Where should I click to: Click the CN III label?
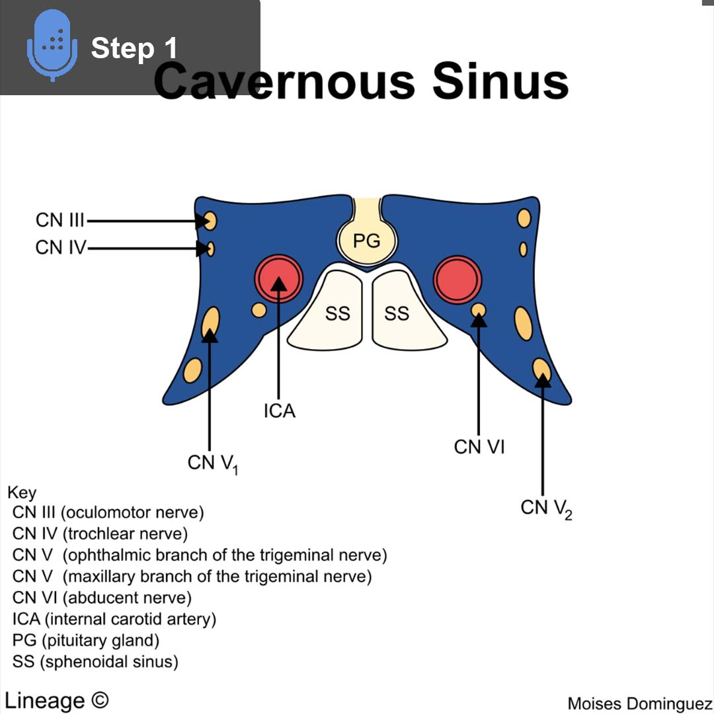coord(59,220)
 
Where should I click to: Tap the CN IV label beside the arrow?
coord(60,248)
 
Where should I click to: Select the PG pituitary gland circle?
coord(367,241)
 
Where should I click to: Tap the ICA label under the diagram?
coord(279,411)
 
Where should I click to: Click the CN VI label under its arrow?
coord(479,447)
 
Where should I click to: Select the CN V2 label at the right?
coord(545,508)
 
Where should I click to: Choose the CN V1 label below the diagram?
coord(212,463)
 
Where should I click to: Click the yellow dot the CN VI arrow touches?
coord(479,309)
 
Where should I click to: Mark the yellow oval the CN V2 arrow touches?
coord(541,370)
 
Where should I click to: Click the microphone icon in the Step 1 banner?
coord(48,44)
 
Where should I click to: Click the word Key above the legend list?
coord(22,493)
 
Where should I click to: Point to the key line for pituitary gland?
coord(86,640)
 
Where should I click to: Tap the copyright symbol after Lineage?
coord(99,700)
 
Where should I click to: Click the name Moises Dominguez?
coord(640,703)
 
